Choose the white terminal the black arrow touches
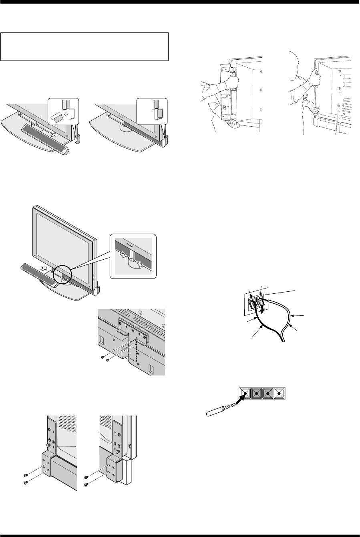coord(245,394)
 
